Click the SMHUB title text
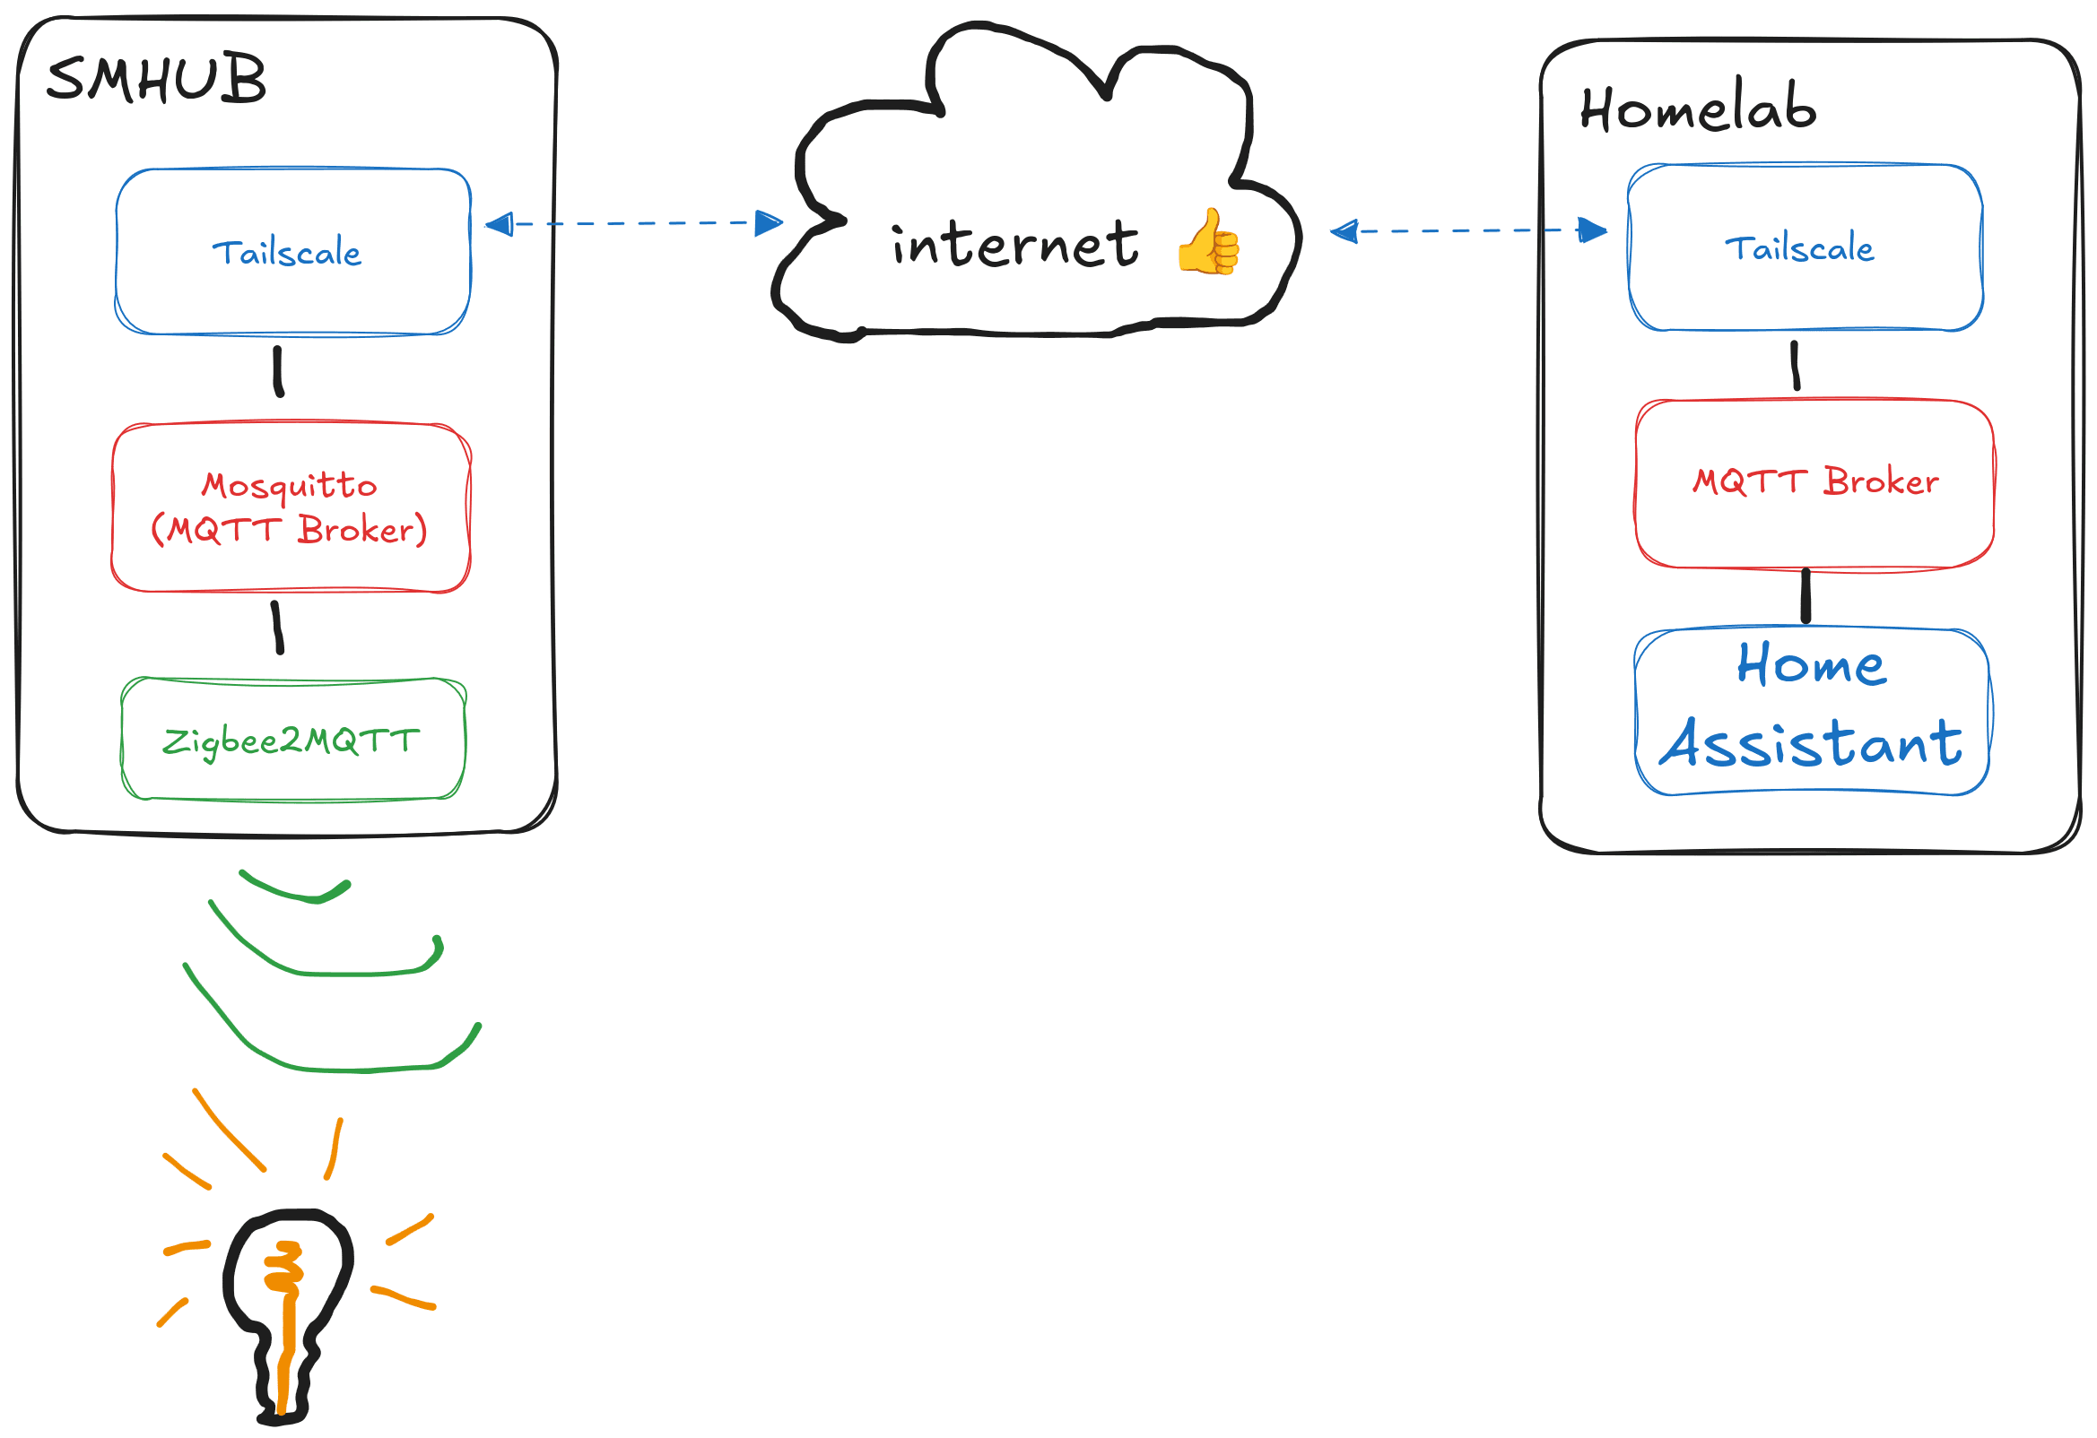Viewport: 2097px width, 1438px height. [x=156, y=80]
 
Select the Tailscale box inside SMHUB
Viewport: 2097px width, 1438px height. [x=292, y=252]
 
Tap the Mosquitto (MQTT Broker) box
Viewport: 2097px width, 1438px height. [x=291, y=507]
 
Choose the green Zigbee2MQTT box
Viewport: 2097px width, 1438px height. [x=293, y=739]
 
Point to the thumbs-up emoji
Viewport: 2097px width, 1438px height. [x=1208, y=242]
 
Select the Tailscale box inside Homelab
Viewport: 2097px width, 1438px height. [x=1805, y=247]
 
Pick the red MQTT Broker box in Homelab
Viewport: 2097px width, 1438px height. [x=1814, y=482]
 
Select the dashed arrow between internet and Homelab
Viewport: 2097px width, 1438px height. [x=1467, y=231]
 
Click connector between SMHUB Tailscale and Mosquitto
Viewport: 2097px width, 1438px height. [x=279, y=372]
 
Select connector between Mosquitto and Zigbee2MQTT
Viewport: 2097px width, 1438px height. [x=278, y=627]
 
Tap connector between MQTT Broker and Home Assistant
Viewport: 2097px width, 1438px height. [x=1806, y=596]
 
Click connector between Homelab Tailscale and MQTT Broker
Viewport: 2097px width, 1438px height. [x=1796, y=366]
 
